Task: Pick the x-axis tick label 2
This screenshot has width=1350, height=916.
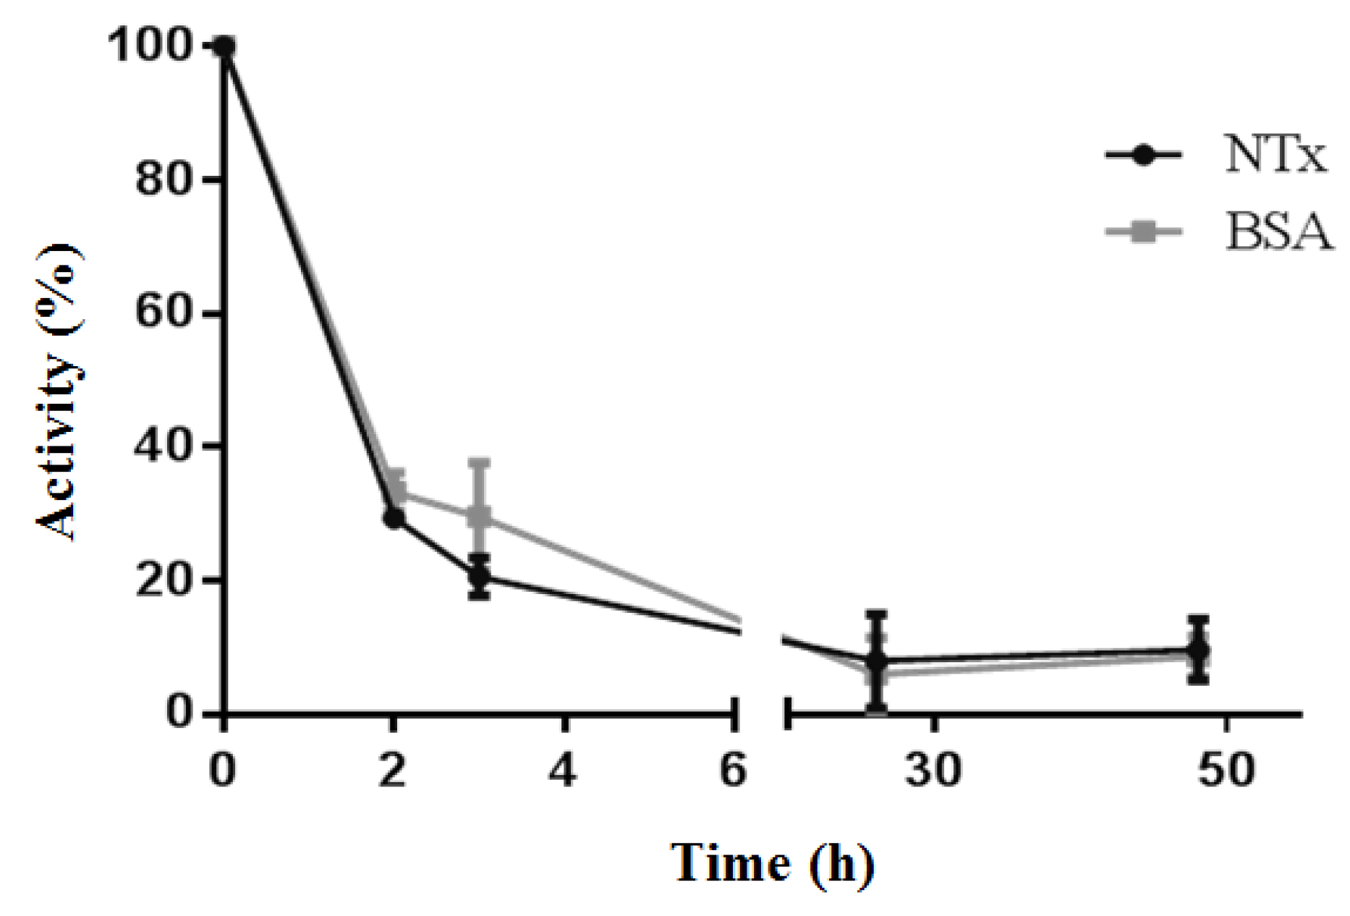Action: point(393,770)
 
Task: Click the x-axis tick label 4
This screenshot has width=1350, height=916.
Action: point(563,770)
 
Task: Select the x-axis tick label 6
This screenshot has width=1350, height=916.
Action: point(734,770)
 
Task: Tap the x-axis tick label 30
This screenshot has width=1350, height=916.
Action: point(933,770)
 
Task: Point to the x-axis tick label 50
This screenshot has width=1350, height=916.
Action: point(1226,770)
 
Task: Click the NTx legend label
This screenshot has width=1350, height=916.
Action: point(1276,155)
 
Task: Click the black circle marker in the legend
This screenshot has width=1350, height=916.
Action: point(1143,155)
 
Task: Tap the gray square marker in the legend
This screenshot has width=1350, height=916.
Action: point(1143,232)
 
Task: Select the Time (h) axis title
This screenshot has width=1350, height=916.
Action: point(773,862)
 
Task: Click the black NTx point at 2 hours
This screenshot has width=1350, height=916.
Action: point(394,519)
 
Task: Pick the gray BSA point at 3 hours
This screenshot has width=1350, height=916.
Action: point(479,517)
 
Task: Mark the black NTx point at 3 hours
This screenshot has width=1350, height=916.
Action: point(479,577)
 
